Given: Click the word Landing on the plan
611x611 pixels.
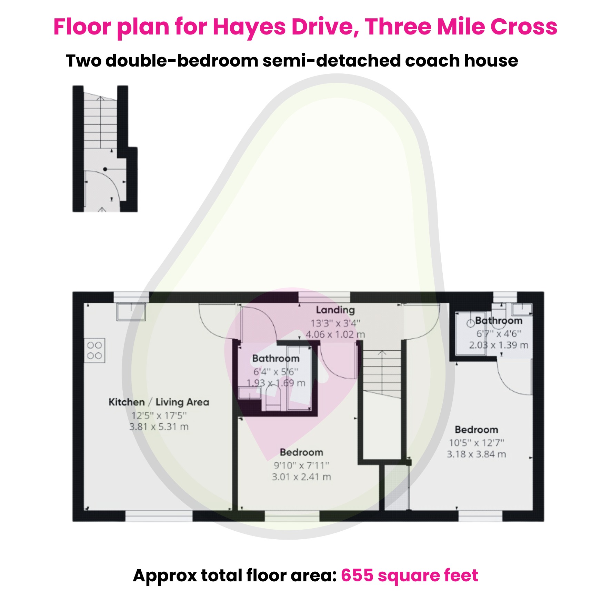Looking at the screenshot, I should point(335,310).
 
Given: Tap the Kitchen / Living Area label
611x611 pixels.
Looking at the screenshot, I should point(159,402).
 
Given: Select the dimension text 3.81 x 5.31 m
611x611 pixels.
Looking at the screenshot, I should point(159,427).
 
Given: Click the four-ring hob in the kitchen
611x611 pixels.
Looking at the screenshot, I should point(94,350).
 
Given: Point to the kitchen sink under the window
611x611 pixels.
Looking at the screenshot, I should point(131,312).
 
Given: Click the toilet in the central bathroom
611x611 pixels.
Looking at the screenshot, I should point(273,398).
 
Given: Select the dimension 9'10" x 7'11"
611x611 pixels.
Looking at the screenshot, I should point(301,465).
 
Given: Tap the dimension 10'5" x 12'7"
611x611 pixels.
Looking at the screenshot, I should point(476,443).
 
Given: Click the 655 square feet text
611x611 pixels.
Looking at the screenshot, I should point(409,575).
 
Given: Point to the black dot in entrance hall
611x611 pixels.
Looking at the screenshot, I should point(105,169).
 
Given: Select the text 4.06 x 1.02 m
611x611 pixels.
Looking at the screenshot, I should point(335,334).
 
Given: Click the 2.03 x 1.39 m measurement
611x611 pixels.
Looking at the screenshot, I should point(498,345).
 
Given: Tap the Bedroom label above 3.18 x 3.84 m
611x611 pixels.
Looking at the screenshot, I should point(476,430).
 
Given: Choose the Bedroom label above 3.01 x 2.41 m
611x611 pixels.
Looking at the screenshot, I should point(301,452).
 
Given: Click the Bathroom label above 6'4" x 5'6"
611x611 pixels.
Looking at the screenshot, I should point(276,359).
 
